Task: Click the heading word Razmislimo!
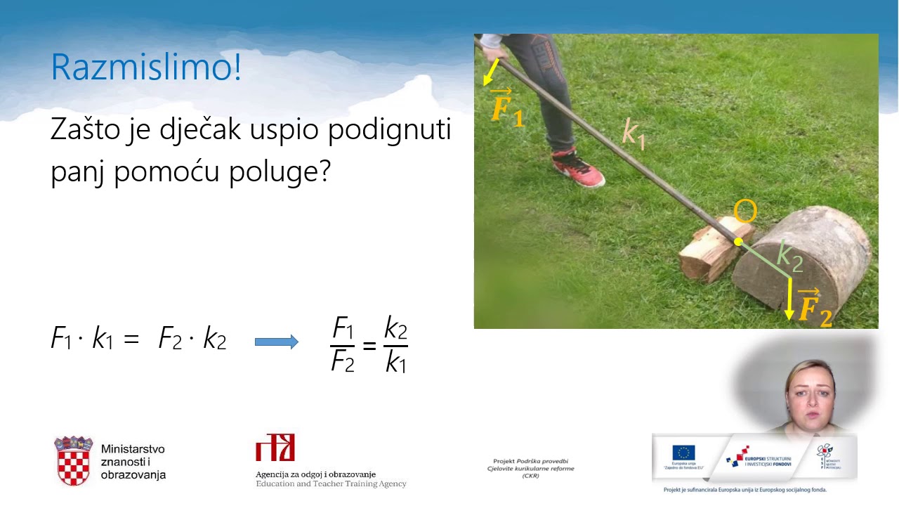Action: coord(146,67)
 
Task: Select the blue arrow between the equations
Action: coord(276,342)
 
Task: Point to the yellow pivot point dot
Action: coord(738,242)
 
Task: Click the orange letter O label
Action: coord(745,212)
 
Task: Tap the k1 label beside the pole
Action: coord(634,133)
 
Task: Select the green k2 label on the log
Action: coord(789,256)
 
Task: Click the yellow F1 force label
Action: coord(506,108)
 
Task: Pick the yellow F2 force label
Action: coord(815,308)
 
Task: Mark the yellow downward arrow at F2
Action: coord(789,299)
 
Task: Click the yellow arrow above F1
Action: coord(492,72)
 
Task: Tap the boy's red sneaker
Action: coord(578,169)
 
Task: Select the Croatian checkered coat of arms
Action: coord(74,461)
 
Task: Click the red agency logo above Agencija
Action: coord(275,448)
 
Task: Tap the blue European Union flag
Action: coord(683,453)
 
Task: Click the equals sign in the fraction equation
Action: coord(369,344)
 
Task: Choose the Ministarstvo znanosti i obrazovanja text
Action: coord(133,462)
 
